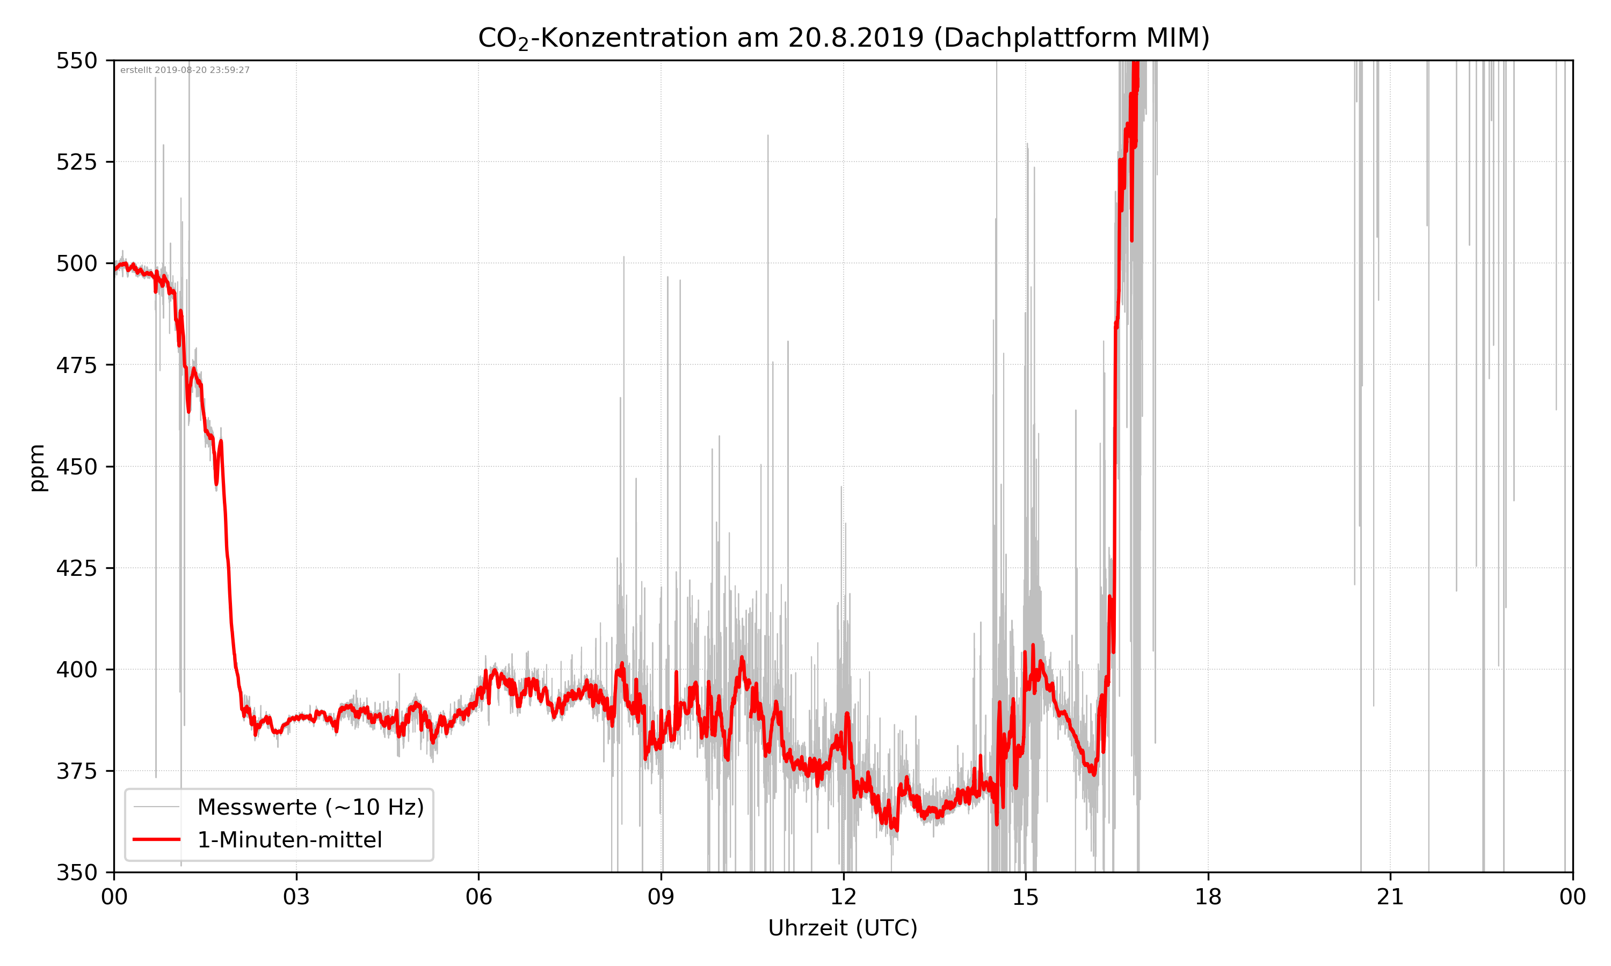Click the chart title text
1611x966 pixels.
coord(843,38)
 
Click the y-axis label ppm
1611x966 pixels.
coord(38,467)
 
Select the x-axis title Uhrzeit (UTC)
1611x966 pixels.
coord(843,927)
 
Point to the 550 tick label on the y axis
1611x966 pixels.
coord(76,61)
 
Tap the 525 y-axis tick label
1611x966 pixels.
coord(76,162)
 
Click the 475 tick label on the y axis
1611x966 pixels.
coord(76,365)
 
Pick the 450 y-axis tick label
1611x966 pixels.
coord(76,467)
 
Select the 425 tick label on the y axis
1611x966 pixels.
coord(76,568)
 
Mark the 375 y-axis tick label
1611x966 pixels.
coord(76,771)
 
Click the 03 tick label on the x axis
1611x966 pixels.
coord(296,897)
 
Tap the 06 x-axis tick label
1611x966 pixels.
coord(478,897)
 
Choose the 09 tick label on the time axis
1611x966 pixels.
coord(661,897)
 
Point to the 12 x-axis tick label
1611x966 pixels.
coord(843,897)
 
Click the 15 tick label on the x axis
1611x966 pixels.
coord(1026,897)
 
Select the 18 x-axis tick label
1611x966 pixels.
coord(1208,897)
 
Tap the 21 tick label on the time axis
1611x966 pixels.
coord(1390,897)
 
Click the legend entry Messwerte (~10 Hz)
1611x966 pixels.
coord(310,807)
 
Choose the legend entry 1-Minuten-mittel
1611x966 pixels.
coord(290,840)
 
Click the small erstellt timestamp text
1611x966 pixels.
coord(185,70)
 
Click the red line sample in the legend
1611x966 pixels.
coord(156,840)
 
